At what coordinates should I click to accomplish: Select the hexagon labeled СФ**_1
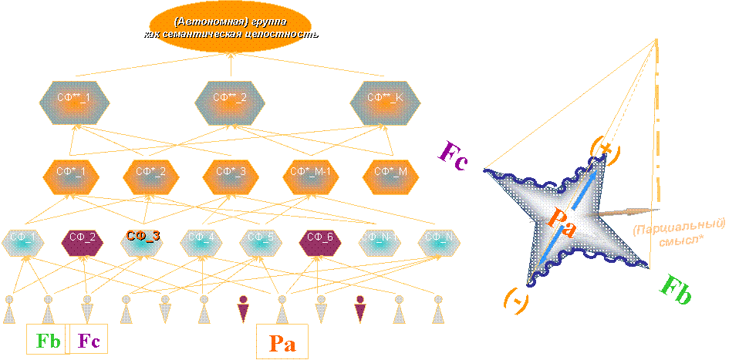tap(74, 99)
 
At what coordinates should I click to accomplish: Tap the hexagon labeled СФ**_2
tap(231, 99)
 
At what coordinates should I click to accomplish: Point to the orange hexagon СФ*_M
tap(392, 172)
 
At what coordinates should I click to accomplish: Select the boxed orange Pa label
tap(282, 342)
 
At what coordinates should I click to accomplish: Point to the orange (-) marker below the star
tap(517, 301)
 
